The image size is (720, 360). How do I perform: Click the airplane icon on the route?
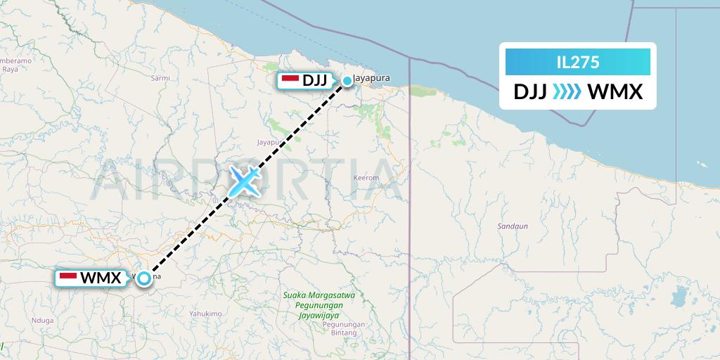[x=243, y=181]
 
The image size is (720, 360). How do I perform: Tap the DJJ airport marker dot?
[x=347, y=81]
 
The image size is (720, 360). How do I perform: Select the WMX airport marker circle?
[x=144, y=278]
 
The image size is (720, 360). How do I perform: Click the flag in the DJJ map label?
[x=290, y=80]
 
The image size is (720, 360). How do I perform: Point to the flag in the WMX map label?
[x=68, y=278]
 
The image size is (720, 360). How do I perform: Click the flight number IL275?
[x=577, y=62]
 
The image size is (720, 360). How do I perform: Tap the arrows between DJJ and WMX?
[x=567, y=92]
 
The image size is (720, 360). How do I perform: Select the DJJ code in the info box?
[x=530, y=92]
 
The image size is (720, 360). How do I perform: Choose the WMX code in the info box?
[x=615, y=92]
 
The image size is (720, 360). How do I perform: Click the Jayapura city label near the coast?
[x=373, y=77]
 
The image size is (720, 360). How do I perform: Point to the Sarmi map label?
[x=160, y=78]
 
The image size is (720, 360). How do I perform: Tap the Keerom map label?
[x=366, y=178]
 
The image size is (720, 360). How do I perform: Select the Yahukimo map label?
[x=205, y=314]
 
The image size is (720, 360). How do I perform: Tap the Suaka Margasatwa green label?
[x=319, y=295]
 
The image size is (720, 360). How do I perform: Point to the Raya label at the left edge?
[x=10, y=69]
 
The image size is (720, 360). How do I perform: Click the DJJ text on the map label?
[x=314, y=80]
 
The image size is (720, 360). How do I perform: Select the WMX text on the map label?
[x=101, y=278]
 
